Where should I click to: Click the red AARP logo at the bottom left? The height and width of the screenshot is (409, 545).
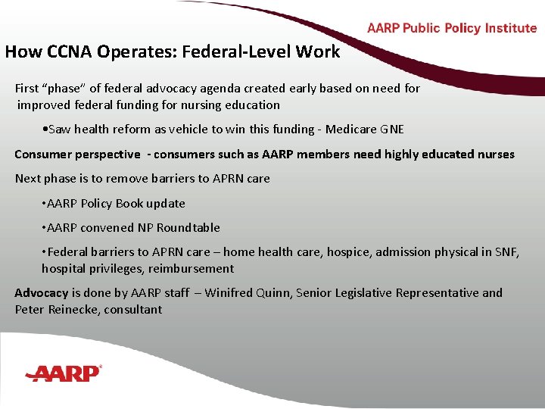click(63, 373)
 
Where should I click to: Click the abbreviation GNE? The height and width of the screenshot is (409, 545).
click(392, 130)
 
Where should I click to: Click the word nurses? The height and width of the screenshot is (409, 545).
click(495, 155)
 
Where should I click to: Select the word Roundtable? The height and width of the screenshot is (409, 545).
click(188, 227)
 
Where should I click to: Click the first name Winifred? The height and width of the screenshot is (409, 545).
click(231, 292)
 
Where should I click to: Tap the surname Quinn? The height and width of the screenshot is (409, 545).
click(279, 292)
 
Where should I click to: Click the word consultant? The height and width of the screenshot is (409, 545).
click(133, 309)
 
